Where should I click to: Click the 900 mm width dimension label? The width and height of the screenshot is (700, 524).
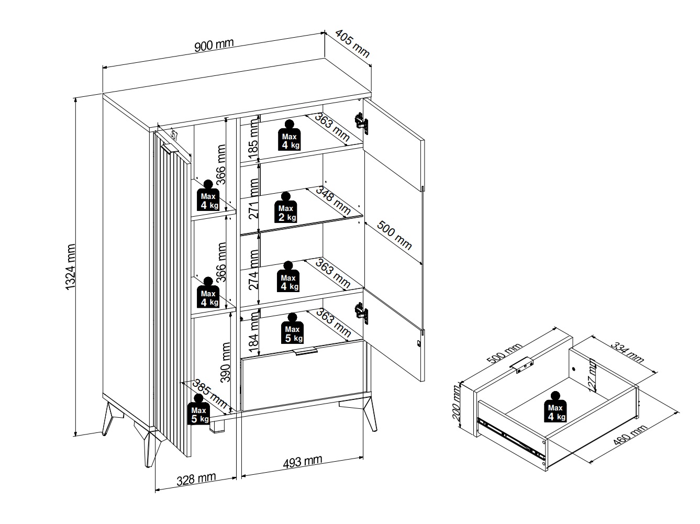(x=214, y=45)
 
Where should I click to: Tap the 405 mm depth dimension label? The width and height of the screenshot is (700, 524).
(x=352, y=43)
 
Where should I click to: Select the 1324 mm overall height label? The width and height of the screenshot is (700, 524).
(x=70, y=267)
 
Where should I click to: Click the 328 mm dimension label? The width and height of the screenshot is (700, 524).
(x=196, y=479)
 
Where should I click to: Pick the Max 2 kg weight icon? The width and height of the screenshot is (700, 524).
(x=285, y=207)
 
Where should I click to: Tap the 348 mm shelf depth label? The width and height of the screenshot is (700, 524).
(x=334, y=200)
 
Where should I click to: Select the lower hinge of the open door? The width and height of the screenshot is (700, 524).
(x=361, y=313)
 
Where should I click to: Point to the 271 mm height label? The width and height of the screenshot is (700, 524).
(x=253, y=198)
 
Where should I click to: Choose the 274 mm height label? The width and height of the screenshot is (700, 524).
(x=253, y=270)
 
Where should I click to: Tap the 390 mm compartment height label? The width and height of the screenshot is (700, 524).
(x=226, y=362)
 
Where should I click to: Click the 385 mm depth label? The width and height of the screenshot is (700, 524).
(x=209, y=394)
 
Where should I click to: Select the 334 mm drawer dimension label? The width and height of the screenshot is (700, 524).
(x=627, y=352)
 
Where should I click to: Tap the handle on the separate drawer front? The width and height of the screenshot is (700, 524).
(x=521, y=365)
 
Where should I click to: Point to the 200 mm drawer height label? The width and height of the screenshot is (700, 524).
(x=457, y=403)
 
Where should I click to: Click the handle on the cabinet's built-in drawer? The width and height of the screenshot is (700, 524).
(x=306, y=351)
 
